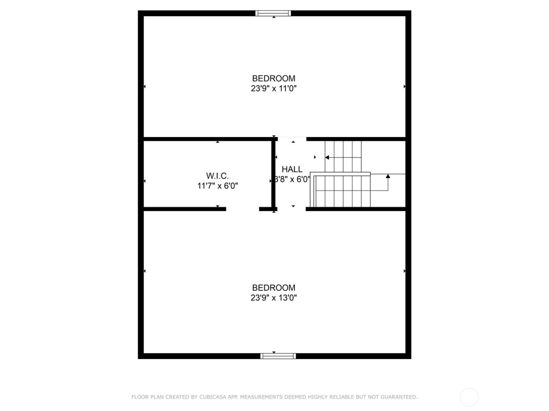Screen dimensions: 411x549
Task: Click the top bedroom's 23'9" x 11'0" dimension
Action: (x=273, y=88)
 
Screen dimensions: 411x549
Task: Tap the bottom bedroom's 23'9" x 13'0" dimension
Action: (x=273, y=298)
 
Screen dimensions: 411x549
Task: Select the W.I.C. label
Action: (x=217, y=176)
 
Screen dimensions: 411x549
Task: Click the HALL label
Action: (x=292, y=169)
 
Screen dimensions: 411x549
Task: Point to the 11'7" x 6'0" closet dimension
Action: (x=217, y=186)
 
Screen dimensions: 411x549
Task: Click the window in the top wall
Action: (x=273, y=13)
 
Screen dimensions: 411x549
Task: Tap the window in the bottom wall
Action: (x=278, y=356)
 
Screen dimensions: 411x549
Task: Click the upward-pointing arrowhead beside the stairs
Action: (x=388, y=177)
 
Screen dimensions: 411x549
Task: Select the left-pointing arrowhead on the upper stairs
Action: (x=327, y=157)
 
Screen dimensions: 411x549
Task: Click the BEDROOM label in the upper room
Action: (x=273, y=78)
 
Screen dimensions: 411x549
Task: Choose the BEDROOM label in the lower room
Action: (x=273, y=288)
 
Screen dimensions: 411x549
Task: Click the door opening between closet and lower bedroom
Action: (x=242, y=209)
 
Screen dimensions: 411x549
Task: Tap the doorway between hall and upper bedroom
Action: (x=292, y=139)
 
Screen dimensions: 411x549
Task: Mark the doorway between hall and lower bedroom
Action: (x=291, y=209)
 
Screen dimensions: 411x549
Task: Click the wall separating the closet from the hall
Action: (x=274, y=174)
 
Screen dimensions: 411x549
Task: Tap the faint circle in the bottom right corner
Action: (x=469, y=397)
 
